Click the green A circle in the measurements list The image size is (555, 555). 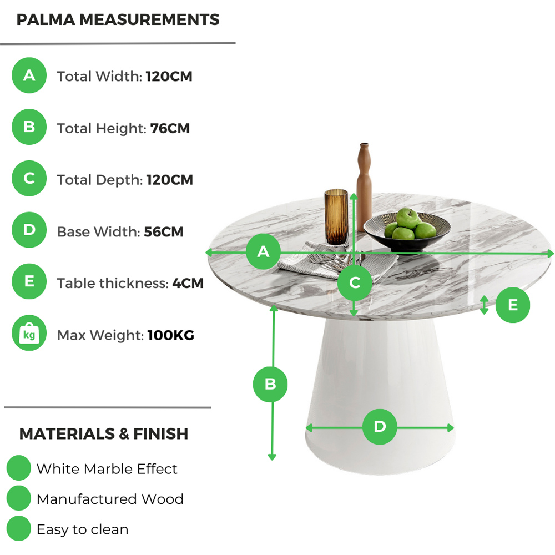[29, 75]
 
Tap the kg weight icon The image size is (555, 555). [29, 333]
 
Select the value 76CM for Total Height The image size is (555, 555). [170, 128]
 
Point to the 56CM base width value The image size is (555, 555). [164, 232]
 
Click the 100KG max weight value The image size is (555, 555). [170, 335]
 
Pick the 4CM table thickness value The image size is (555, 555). [188, 283]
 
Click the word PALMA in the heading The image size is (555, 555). [46, 19]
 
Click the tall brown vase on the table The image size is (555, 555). [364, 187]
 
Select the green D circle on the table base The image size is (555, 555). [380, 426]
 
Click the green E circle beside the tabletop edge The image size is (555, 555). [512, 305]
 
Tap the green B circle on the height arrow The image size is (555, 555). [270, 385]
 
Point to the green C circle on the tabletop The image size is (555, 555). [355, 283]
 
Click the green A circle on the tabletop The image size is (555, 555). [263, 251]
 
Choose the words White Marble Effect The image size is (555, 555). [107, 468]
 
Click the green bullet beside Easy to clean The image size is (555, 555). [19, 528]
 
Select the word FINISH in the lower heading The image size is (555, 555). [161, 433]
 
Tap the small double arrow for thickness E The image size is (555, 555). [484, 305]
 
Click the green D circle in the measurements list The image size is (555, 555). [29, 230]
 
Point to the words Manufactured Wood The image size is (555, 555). [110, 499]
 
